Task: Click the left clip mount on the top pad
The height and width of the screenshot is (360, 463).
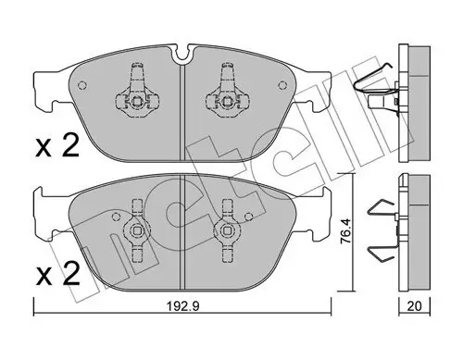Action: click(136, 92)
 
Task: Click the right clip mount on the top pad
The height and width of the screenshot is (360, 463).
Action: click(226, 92)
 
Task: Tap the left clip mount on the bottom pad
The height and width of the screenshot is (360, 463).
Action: click(137, 228)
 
